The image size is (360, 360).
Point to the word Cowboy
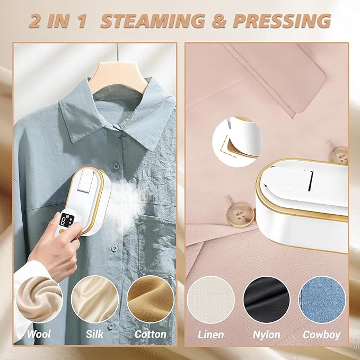pyautogui.click(x=321, y=335)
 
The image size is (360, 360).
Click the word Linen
pyautogui.click(x=210, y=335)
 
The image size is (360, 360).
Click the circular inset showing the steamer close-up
pyautogui.click(x=238, y=142)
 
